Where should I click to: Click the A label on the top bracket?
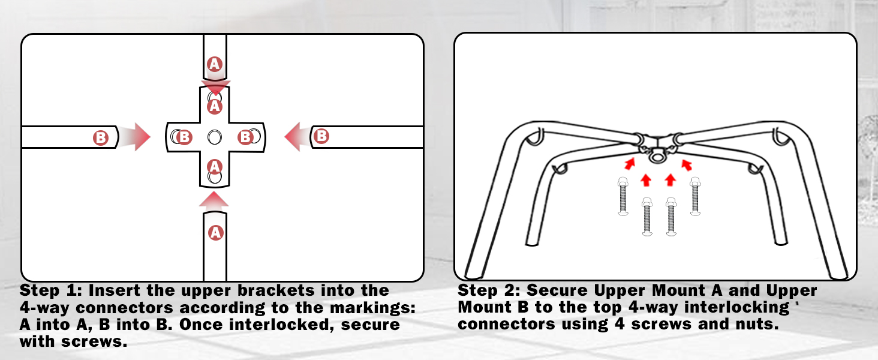pyautogui.click(x=215, y=64)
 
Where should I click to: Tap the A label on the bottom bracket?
pyautogui.click(x=215, y=233)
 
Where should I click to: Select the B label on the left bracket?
pyautogui.click(x=100, y=137)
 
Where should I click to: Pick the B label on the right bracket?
pyautogui.click(x=321, y=136)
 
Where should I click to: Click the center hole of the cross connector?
pyautogui.click(x=215, y=137)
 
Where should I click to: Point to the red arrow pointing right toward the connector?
pyautogui.click(x=134, y=137)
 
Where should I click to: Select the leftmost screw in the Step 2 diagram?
pyautogui.click(x=623, y=196)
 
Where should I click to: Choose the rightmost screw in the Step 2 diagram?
pyautogui.click(x=695, y=196)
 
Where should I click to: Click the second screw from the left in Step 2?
pyautogui.click(x=647, y=217)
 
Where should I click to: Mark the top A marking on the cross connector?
pyautogui.click(x=215, y=106)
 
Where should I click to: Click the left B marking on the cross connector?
pyautogui.click(x=184, y=137)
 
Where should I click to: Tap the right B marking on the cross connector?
pyautogui.click(x=245, y=137)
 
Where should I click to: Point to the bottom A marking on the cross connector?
pyautogui.click(x=215, y=167)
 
